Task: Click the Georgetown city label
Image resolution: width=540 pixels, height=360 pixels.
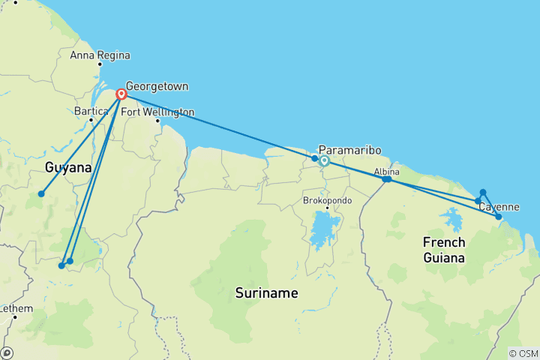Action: click(157, 86)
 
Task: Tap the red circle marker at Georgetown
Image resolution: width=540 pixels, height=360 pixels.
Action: click(121, 94)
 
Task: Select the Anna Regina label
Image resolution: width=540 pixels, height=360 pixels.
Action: click(100, 55)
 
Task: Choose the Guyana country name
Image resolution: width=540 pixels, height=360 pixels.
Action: click(68, 167)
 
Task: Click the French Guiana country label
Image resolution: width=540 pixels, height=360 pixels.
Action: click(444, 250)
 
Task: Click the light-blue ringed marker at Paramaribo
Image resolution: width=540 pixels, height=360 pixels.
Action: click(325, 160)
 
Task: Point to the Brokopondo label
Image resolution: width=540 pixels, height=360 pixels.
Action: click(328, 201)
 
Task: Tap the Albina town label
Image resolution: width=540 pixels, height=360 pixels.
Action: click(387, 172)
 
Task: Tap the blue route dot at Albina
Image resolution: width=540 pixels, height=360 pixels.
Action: click(386, 179)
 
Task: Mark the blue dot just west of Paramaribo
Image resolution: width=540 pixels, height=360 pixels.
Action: click(315, 158)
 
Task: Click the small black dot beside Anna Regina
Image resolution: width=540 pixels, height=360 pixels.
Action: click(99, 64)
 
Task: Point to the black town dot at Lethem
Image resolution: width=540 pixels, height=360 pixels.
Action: click(15, 317)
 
